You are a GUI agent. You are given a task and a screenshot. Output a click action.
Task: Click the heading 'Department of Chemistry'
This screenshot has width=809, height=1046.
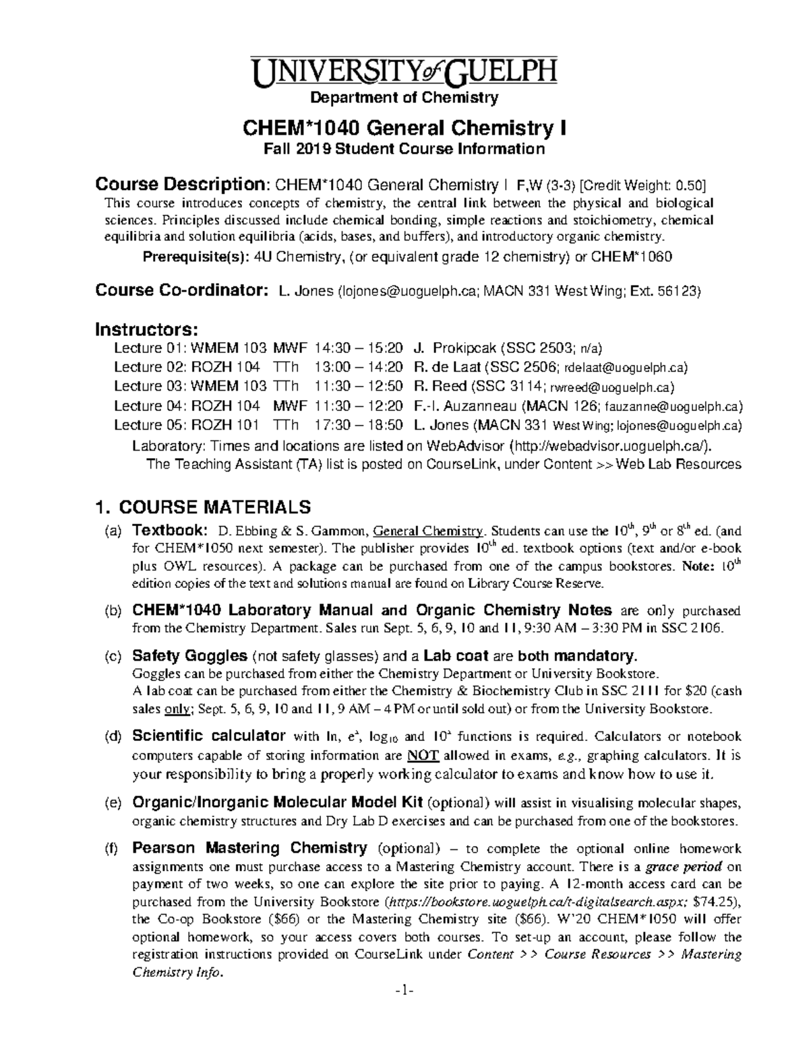[404, 98]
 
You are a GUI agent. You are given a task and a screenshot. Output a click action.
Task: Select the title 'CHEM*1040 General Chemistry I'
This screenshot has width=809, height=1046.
[404, 127]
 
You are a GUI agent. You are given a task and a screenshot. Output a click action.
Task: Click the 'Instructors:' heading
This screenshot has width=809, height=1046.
[146, 330]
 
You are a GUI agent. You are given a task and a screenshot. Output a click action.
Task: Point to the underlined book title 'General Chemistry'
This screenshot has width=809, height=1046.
[429, 529]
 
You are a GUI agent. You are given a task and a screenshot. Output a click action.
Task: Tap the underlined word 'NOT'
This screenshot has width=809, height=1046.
[424, 755]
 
